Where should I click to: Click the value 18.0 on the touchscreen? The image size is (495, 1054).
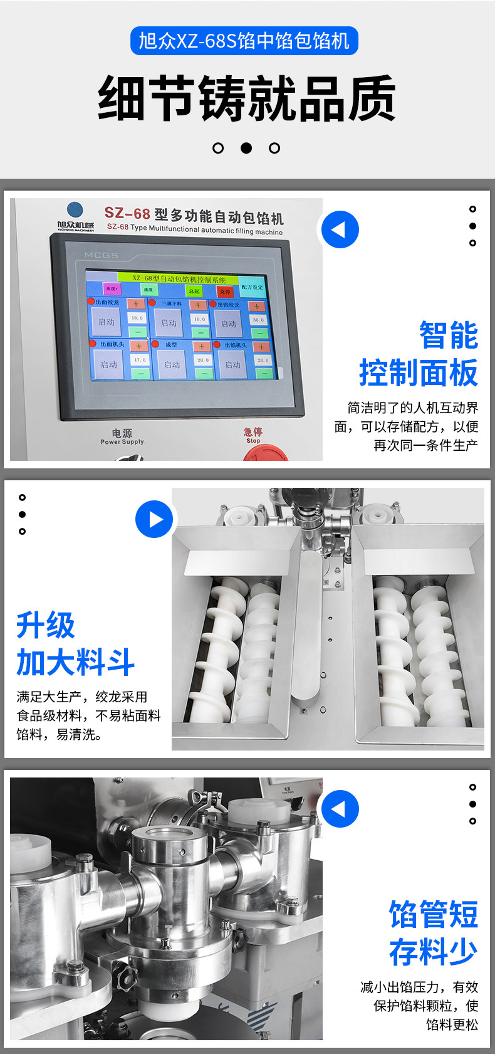coord(137,319)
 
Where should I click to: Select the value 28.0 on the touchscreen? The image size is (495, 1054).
coord(263,361)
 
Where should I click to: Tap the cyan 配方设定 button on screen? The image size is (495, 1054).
coord(252,287)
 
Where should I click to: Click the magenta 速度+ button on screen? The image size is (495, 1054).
coord(112,289)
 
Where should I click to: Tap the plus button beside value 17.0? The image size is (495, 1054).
coord(138,346)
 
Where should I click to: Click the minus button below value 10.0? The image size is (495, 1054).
coord(200,333)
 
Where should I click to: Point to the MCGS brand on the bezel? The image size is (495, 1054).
coord(102,255)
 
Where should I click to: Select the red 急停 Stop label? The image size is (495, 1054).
coord(253,435)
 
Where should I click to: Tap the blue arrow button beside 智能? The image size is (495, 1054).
coord(340,229)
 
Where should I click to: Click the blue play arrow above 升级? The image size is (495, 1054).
coord(154,519)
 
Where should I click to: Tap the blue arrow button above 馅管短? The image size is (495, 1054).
coord(340,809)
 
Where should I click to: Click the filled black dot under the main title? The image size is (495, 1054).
coord(246,148)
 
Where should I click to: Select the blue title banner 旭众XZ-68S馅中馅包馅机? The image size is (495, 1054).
coord(244,41)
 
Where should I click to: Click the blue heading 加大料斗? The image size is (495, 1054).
coord(76,662)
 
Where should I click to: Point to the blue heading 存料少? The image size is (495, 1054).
coord(433,952)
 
